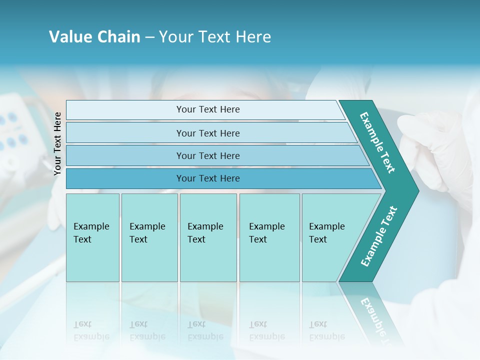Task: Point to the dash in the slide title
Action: tap(149, 37)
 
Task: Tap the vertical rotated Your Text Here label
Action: tap(57, 143)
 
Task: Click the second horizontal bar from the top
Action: tap(208, 133)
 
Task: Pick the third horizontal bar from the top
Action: tap(208, 155)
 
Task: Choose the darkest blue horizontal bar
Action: tap(208, 178)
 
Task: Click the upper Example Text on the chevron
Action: tap(377, 142)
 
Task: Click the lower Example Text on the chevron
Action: tap(379, 236)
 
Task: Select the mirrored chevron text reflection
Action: tap(376, 315)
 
